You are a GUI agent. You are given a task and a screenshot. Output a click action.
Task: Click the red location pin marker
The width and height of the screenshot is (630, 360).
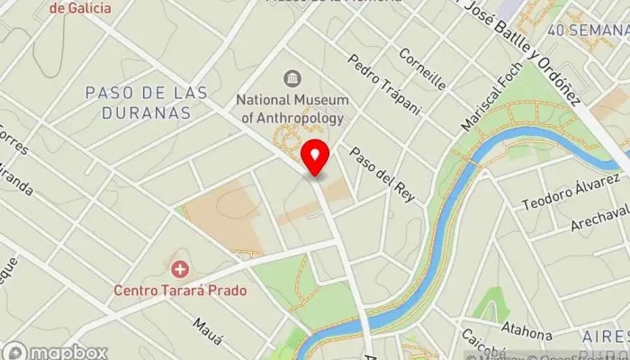315,157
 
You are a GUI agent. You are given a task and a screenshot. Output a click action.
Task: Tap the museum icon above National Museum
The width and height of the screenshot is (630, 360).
292,79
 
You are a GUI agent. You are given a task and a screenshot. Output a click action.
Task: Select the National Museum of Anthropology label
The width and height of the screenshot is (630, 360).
292,108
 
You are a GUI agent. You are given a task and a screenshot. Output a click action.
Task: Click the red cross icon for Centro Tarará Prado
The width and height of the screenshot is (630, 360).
180,269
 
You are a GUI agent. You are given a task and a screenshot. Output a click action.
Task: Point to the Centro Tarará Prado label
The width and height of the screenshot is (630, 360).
180,290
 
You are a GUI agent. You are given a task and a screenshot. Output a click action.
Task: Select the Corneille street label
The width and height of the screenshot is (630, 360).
424,68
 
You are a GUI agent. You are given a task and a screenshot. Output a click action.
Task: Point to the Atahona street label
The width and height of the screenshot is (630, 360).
525,329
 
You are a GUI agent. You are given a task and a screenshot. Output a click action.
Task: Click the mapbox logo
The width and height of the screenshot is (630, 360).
56,352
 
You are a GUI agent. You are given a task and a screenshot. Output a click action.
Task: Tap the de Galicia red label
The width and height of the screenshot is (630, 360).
82,8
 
